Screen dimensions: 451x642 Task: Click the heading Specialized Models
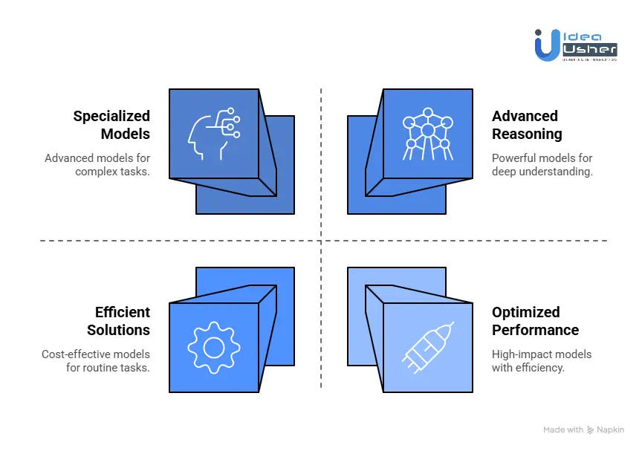(x=111, y=125)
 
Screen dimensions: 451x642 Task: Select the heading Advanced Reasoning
(x=526, y=125)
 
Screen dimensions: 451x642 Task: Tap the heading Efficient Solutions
(x=118, y=321)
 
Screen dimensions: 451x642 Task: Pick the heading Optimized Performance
(x=534, y=321)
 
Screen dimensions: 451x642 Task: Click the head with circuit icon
(x=213, y=133)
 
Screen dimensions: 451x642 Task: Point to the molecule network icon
(x=427, y=134)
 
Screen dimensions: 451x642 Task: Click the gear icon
(x=214, y=347)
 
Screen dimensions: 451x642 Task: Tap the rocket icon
(x=427, y=347)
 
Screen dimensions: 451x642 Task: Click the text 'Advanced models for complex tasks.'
(x=97, y=165)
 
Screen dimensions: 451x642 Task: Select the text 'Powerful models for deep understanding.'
(x=542, y=165)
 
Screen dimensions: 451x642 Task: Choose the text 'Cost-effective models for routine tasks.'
(x=96, y=361)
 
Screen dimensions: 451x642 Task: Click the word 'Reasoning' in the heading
(x=527, y=134)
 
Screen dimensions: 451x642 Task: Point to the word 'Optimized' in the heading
(x=525, y=312)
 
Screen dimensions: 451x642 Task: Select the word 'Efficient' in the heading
(x=123, y=312)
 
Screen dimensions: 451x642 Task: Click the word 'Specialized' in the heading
(x=111, y=116)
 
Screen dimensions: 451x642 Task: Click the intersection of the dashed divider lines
(x=321, y=241)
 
